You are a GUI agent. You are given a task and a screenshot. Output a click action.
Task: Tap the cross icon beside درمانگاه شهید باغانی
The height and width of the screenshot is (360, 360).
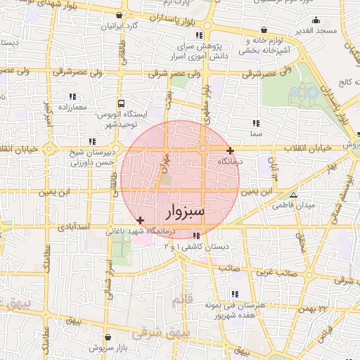coord(141,221)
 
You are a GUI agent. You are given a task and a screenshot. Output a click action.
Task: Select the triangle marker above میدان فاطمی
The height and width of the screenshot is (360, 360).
coord(294,195)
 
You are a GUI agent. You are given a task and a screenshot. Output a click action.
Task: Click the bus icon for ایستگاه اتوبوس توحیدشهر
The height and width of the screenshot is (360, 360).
coord(122,102)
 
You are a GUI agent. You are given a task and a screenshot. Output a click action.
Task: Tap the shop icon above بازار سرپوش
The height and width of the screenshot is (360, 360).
coord(107,337)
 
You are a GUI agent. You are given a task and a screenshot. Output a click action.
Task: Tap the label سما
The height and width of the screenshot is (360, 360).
coord(256,132)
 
